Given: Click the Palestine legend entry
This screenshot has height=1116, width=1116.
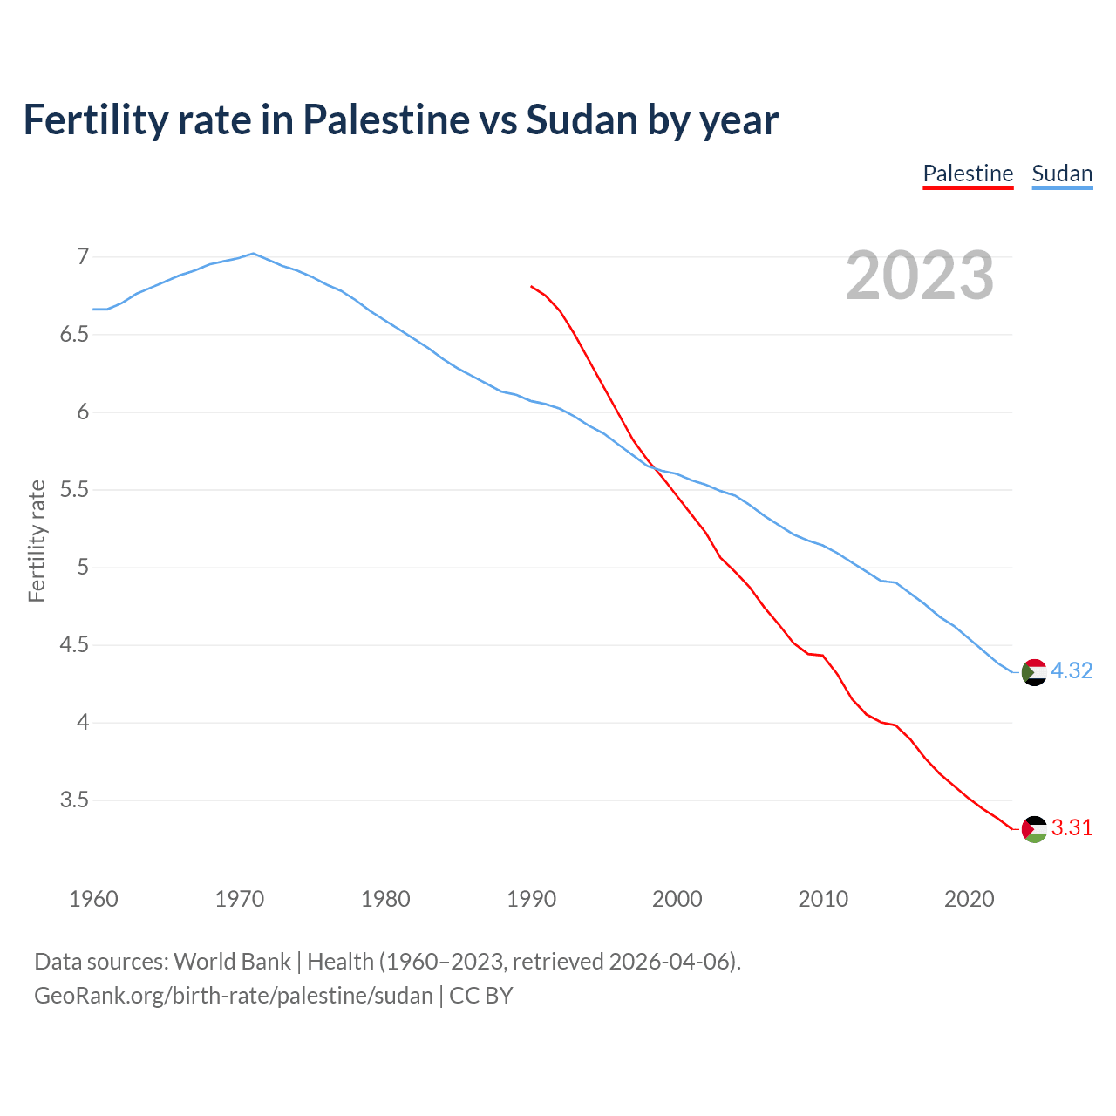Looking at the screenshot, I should (x=968, y=174).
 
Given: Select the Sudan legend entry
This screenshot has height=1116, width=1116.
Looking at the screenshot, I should (x=1062, y=174).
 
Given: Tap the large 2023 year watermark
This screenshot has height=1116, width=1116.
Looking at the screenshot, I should (x=920, y=276).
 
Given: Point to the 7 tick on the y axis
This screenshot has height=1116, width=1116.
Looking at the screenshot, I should (x=83, y=256).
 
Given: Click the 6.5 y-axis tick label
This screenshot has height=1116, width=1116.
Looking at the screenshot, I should (x=75, y=334).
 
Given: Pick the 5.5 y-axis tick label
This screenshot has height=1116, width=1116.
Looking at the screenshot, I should (x=75, y=489).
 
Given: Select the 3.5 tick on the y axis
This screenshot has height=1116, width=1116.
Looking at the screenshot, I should (x=75, y=800).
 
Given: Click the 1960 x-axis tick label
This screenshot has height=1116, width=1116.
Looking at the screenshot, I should (x=93, y=899).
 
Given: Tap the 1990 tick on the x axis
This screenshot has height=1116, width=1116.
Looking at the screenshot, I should (x=531, y=899).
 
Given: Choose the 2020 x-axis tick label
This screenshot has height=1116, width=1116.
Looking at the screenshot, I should (x=969, y=899).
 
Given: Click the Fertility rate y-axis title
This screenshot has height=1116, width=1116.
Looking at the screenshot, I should (x=37, y=541).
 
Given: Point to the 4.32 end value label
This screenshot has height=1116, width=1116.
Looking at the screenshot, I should (x=1072, y=670).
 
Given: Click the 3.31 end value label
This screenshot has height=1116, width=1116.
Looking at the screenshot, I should (x=1072, y=827).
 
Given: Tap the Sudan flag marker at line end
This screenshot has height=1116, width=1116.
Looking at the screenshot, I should (x=1033, y=672).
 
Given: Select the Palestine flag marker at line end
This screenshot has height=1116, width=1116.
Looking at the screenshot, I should (x=1033, y=829).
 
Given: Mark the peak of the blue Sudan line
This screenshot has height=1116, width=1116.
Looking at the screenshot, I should (x=253, y=254).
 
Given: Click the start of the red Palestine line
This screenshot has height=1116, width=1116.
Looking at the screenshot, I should (x=532, y=286).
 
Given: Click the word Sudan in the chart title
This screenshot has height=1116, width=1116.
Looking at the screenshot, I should (x=582, y=119).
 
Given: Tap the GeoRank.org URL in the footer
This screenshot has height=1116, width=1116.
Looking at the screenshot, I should (x=233, y=995).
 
